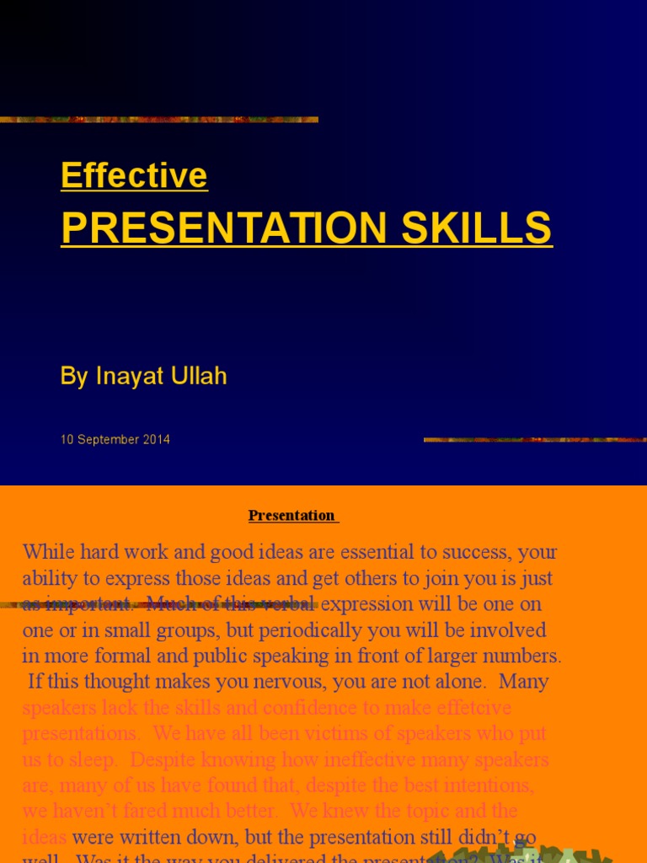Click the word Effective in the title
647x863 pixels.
(x=134, y=175)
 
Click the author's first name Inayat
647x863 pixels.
(x=132, y=376)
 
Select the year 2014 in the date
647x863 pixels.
(x=156, y=439)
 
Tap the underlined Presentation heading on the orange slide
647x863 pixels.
(x=292, y=515)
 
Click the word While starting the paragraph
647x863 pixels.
(x=51, y=553)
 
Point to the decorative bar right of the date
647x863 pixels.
(x=534, y=439)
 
